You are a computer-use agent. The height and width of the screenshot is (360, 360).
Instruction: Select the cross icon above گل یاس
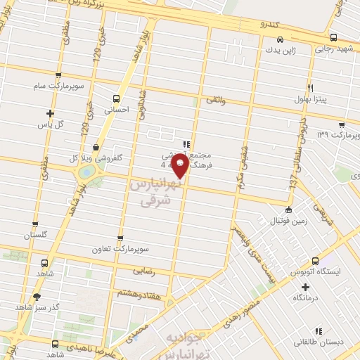click(x=50, y=113)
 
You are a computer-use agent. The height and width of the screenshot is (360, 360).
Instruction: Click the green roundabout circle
click(x=86, y=171)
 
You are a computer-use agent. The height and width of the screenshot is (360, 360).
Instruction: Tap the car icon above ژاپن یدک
click(x=280, y=40)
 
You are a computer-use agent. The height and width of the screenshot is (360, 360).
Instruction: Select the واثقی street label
click(x=214, y=102)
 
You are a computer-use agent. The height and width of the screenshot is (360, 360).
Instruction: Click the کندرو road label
click(x=269, y=25)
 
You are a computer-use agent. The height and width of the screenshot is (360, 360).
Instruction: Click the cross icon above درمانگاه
click(x=304, y=286)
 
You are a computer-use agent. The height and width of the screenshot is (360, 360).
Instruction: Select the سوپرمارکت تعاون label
click(x=122, y=249)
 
